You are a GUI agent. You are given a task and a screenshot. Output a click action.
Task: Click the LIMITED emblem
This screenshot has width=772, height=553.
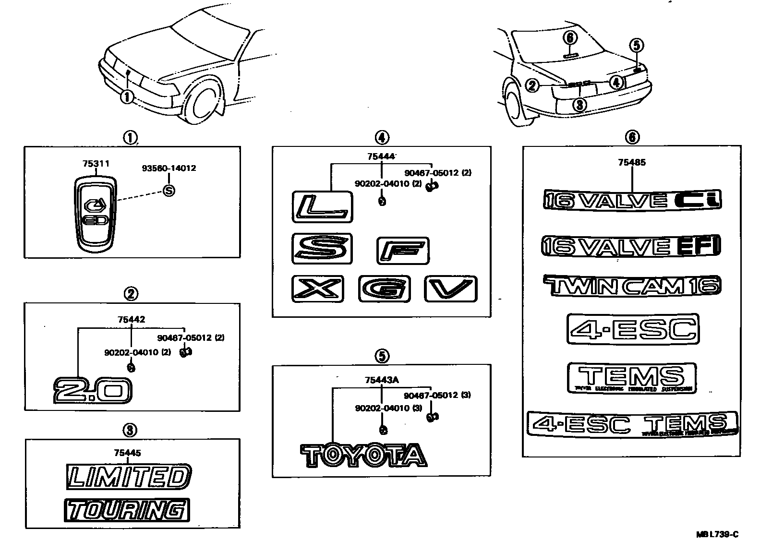pyautogui.click(x=129, y=477)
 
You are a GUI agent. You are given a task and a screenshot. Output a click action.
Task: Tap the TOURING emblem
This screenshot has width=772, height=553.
pyautogui.click(x=126, y=510)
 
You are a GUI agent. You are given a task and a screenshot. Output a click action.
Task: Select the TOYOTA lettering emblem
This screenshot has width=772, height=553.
pyautogui.click(x=363, y=456)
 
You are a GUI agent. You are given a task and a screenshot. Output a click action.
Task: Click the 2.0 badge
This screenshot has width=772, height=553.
pyautogui.click(x=92, y=390)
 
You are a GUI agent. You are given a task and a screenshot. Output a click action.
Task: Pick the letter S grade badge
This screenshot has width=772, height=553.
pyautogui.click(x=322, y=249)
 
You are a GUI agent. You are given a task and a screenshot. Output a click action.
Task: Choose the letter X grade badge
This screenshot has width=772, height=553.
pyautogui.click(x=318, y=289)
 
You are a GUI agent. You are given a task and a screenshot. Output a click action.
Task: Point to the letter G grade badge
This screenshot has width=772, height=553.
pyautogui.click(x=384, y=289)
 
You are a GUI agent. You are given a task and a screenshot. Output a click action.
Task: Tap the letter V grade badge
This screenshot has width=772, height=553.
pyautogui.click(x=450, y=289)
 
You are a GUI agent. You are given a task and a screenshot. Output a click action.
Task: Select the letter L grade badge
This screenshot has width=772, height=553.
pyautogui.click(x=322, y=206)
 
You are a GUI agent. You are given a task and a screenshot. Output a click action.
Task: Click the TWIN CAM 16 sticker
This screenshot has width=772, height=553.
pyautogui.click(x=632, y=286)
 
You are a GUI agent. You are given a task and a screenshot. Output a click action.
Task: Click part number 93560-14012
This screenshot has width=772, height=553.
pyautogui.click(x=169, y=168)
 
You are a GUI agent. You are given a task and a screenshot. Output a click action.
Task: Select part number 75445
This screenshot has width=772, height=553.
pyautogui.click(x=128, y=453)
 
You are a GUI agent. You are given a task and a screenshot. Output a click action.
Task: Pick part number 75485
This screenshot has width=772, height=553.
pyautogui.click(x=632, y=162)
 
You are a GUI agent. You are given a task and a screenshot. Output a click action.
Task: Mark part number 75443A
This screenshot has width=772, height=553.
pyautogui.click(x=382, y=380)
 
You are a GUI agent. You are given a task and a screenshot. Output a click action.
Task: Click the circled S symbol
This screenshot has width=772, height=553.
pyautogui.click(x=169, y=191)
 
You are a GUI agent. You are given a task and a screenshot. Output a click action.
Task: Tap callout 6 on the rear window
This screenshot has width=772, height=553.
pyautogui.click(x=569, y=37)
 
